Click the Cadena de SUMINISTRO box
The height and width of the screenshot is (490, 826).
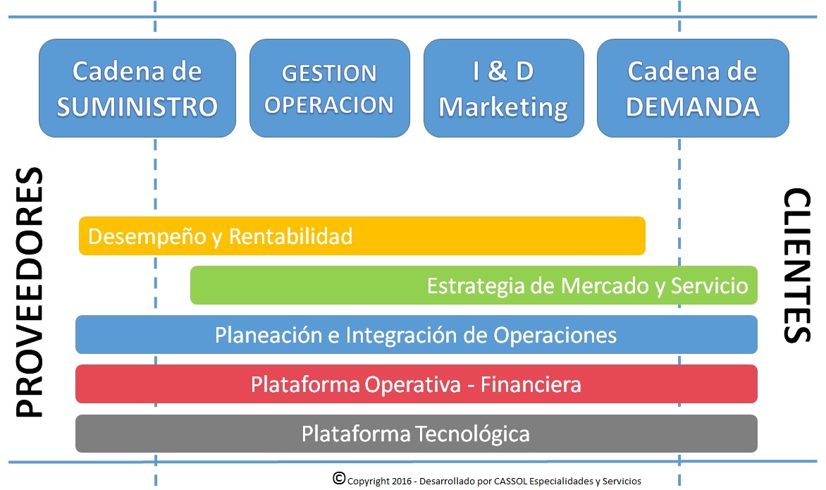point(137,88)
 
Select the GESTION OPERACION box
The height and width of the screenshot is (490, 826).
point(329,88)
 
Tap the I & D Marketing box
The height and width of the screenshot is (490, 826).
point(503,88)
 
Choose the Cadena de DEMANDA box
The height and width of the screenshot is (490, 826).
point(692,88)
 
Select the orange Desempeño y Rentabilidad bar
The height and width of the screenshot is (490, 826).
point(362,236)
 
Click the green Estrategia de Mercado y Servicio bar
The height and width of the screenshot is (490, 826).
point(474,286)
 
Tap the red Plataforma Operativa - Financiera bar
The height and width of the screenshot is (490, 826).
point(416,384)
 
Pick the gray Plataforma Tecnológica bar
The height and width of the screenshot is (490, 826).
point(416,434)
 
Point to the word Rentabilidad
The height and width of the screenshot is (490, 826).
point(291,236)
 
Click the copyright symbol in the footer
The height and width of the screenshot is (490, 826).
point(339,479)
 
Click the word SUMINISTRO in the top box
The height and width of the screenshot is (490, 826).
point(137,106)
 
